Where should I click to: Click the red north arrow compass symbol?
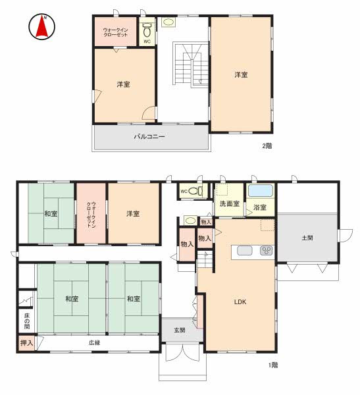click(x=41, y=26)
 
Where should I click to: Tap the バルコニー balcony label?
click(x=149, y=137)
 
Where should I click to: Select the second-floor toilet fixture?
click(x=147, y=30)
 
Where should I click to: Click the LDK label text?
click(x=240, y=302)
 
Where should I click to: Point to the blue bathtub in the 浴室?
click(x=261, y=191)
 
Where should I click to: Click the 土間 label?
click(x=307, y=238)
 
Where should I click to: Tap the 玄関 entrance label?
click(x=180, y=330)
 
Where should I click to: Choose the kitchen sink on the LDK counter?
click(x=245, y=251)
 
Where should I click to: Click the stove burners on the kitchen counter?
click(x=267, y=250)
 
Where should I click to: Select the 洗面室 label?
click(x=230, y=203)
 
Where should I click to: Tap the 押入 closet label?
click(x=27, y=343)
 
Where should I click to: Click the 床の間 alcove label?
click(x=27, y=321)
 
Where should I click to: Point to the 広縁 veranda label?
click(x=95, y=342)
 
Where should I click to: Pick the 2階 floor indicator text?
click(x=267, y=146)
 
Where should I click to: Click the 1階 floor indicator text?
click(x=273, y=365)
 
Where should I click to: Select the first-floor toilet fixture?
click(x=195, y=191)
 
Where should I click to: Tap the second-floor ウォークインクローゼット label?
click(x=116, y=32)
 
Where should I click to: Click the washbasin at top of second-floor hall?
click(x=168, y=22)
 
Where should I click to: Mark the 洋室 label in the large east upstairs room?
click(x=241, y=75)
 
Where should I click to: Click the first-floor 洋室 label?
click(x=133, y=214)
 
